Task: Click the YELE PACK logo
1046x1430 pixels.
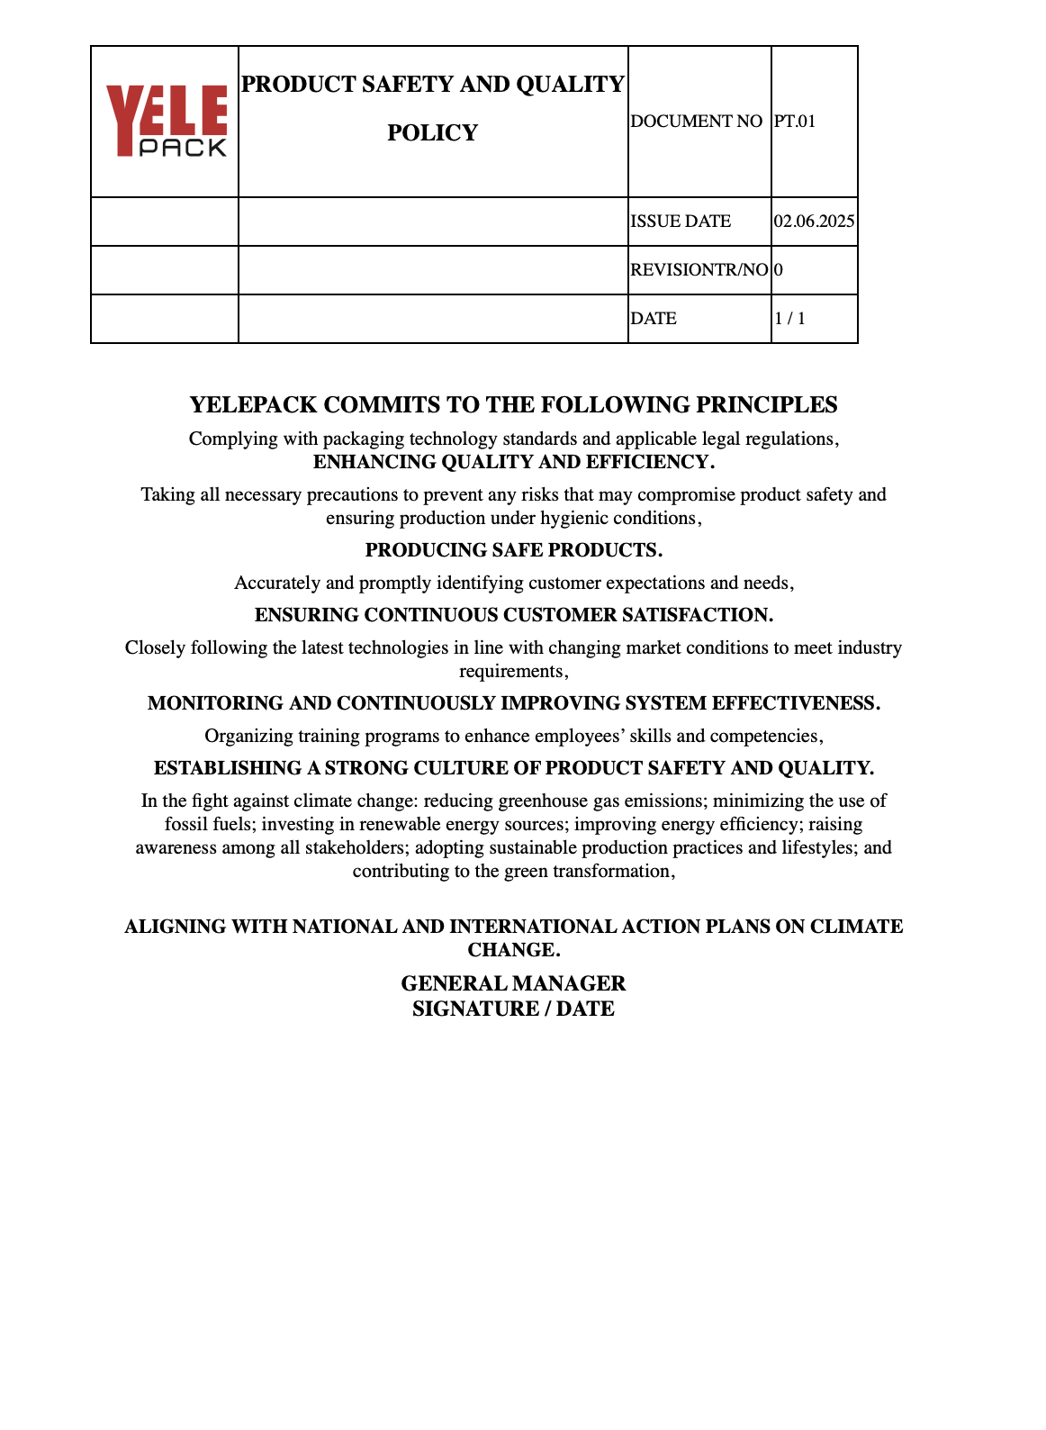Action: tap(167, 122)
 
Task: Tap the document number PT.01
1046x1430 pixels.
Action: tap(795, 122)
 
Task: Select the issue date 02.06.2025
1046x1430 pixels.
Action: tap(814, 222)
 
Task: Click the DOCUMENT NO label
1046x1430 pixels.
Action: tap(696, 122)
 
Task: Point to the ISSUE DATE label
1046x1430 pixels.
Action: tap(681, 222)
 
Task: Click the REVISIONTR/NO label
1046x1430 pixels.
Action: tap(699, 270)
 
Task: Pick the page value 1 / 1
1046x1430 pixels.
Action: tap(789, 319)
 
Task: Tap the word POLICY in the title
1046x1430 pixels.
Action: tap(432, 133)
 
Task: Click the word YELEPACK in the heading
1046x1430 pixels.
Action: tap(253, 405)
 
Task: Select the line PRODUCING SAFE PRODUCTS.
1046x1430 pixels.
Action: tap(513, 550)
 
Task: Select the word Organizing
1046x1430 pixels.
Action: tap(249, 736)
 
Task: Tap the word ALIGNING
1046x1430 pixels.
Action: tap(175, 927)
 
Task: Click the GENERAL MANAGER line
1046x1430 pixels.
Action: tap(513, 983)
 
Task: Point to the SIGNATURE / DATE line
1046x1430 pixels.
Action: tap(513, 1009)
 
